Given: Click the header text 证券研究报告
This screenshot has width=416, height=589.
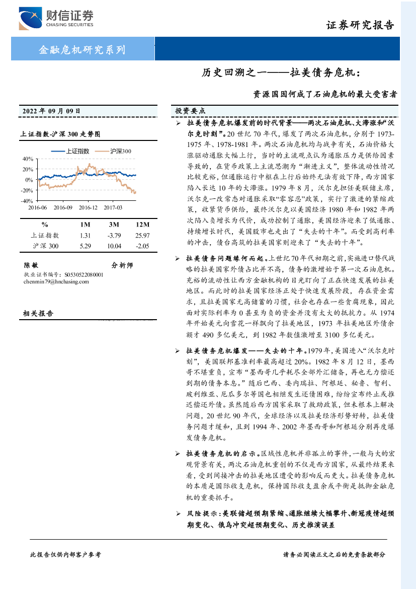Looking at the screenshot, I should click(360, 25).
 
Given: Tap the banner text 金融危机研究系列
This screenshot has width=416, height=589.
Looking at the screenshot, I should click(82, 50).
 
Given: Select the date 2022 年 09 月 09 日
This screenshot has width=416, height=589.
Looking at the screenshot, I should click(51, 111).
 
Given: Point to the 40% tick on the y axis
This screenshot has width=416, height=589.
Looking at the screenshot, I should click(28, 159).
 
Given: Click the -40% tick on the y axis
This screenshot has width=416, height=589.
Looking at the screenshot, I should click(27, 200).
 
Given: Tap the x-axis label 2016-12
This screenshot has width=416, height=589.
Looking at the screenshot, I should click(88, 207).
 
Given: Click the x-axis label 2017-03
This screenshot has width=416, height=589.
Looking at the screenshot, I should click(113, 207).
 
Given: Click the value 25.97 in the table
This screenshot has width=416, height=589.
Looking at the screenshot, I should click(142, 235).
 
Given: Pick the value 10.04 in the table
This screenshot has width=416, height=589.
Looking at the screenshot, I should click(114, 246).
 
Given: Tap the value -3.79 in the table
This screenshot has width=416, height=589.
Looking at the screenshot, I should click(114, 235).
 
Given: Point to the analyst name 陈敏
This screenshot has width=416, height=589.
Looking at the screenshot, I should click(31, 265).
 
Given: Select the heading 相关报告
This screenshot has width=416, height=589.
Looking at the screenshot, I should click(38, 313).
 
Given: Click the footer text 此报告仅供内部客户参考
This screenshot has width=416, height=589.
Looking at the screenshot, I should click(65, 554).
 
